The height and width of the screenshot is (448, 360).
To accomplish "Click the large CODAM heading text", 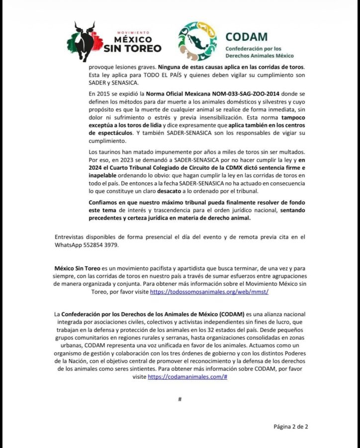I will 246,37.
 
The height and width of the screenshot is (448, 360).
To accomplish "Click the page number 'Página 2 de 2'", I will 293,426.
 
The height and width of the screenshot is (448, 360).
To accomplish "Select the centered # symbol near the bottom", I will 180,399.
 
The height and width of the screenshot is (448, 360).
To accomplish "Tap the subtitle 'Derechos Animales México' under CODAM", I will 259,56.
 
